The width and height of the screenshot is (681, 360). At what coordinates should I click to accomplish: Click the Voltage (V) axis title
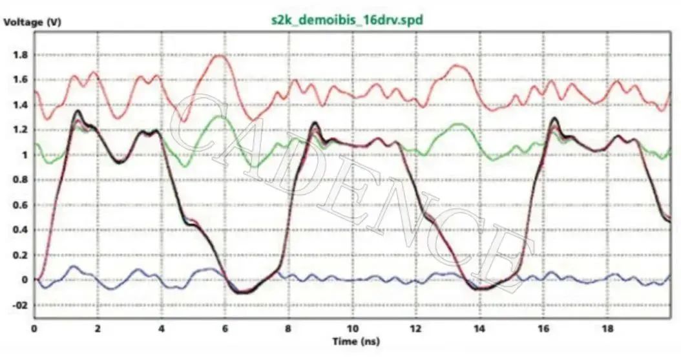pyautogui.click(x=32, y=22)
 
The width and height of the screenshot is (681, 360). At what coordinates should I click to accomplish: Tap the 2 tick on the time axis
pyautogui.click(x=98, y=328)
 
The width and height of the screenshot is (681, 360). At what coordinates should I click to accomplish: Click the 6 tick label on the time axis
pyautogui.click(x=225, y=328)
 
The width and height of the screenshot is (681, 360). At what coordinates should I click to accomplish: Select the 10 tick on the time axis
pyautogui.click(x=352, y=328)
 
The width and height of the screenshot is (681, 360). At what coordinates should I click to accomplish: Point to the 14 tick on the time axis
pyautogui.click(x=479, y=328)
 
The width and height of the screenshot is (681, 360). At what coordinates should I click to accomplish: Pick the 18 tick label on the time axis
pyautogui.click(x=607, y=328)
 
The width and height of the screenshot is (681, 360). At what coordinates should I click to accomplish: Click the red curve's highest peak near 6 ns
pyautogui.click(x=221, y=56)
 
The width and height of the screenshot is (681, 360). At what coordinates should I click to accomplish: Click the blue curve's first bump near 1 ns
pyautogui.click(x=73, y=266)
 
